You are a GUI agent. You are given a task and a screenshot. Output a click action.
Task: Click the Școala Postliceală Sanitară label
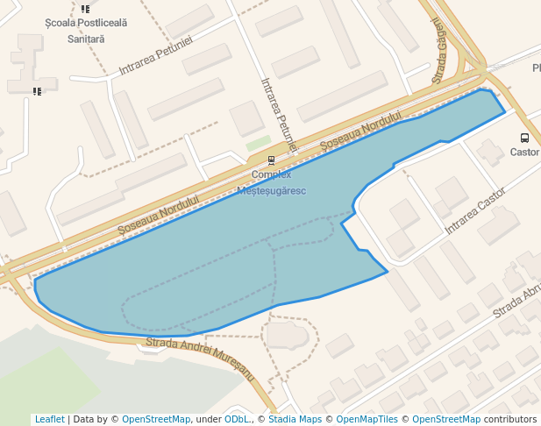pyautogui.click(x=86, y=31)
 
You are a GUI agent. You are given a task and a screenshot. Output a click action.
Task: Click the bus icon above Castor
pyautogui.click(x=524, y=138)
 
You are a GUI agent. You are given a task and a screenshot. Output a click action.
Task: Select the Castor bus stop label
pyautogui.click(x=524, y=152)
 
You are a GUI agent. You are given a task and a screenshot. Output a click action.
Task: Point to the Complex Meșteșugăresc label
pyautogui.click(x=272, y=182)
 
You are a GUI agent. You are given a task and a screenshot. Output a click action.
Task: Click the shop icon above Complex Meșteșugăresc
pyautogui.click(x=271, y=160)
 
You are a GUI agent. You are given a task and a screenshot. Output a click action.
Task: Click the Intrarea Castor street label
pyautogui.click(x=476, y=210)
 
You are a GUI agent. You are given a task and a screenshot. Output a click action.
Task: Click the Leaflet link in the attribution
pyautogui.click(x=49, y=420)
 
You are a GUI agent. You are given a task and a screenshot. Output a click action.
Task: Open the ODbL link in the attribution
pyautogui.click(x=237, y=420)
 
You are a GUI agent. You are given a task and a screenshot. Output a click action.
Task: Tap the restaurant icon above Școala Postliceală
pyautogui.click(x=85, y=10)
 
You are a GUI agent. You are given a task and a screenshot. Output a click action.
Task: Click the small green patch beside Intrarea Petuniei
pyautogui.click(x=258, y=142)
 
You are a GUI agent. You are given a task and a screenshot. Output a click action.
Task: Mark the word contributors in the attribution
pyautogui.click(x=510, y=420)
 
